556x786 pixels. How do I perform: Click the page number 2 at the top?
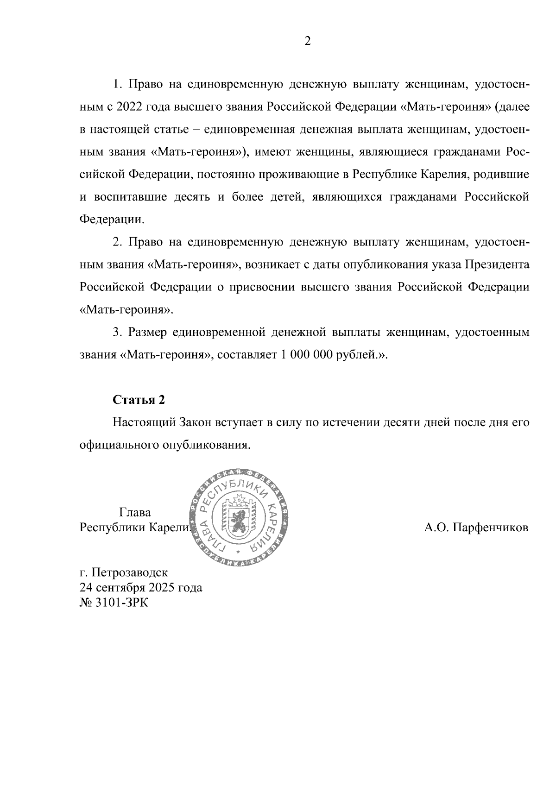[x=307, y=42]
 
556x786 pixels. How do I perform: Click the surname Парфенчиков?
[x=476, y=528]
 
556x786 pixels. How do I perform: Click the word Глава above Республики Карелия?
[x=135, y=513]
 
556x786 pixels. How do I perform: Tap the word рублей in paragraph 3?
[x=360, y=355]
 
